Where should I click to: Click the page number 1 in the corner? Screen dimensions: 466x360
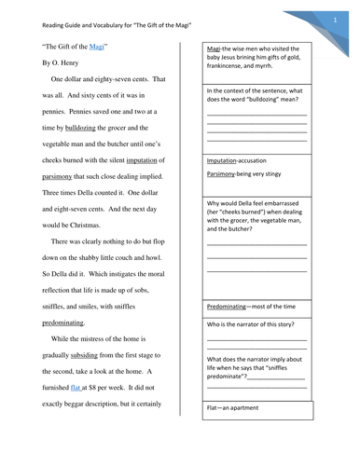pos(334,18)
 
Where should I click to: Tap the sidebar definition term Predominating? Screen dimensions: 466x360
pos(233,306)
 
